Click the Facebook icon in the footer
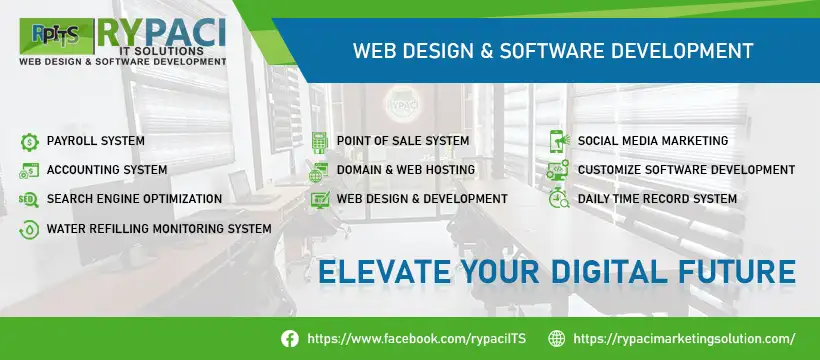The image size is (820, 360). click(290, 339)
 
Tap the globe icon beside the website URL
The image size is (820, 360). click(556, 339)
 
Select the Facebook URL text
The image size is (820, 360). click(417, 339)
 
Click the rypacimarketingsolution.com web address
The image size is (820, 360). click(685, 339)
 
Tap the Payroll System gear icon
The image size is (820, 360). click(30, 142)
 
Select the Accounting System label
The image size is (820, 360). click(107, 170)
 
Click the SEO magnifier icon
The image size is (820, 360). click(29, 199)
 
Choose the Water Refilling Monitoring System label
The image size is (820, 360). click(159, 228)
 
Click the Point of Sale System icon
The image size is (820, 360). click(319, 142)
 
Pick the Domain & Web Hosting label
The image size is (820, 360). click(406, 170)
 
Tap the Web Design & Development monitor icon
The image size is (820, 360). click(320, 199)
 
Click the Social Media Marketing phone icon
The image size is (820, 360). click(559, 141)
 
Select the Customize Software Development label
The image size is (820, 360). click(686, 170)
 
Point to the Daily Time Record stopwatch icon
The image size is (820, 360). click(559, 198)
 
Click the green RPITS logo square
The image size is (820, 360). click(56, 36)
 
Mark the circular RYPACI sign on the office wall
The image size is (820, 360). click(403, 104)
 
